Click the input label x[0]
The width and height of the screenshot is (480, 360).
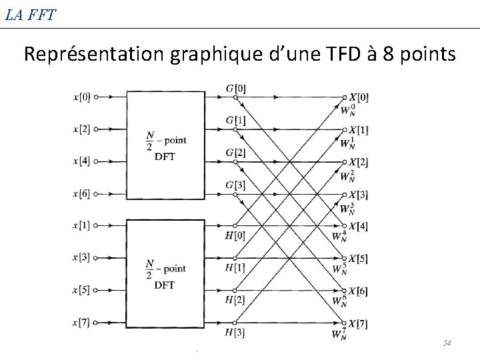(82, 97)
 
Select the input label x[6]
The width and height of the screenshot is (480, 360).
(82, 193)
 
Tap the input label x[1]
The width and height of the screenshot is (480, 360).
(82, 226)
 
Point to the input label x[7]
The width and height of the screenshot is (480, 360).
(82, 323)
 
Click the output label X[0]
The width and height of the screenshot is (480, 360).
(359, 97)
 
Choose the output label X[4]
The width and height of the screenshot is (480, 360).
(359, 226)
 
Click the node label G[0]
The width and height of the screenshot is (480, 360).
(235, 88)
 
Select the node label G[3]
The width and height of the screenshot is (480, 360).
(235, 185)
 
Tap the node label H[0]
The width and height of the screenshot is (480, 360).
(235, 235)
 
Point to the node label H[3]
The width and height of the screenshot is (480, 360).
(235, 332)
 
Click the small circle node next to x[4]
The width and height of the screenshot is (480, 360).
(96, 161)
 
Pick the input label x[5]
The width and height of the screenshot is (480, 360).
(82, 291)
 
